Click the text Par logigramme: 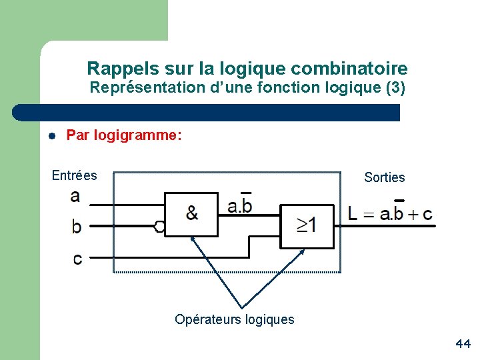click(x=124, y=135)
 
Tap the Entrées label click(x=75, y=175)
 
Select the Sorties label click(x=385, y=177)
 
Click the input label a click(x=75, y=196)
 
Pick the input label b click(x=77, y=226)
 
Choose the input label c click(x=78, y=259)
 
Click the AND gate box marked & click(x=191, y=214)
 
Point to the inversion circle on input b click(x=159, y=227)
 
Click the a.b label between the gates click(x=240, y=206)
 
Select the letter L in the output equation click(x=353, y=214)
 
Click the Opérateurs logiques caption click(x=234, y=319)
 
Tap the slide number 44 click(x=463, y=344)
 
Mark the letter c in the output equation click(x=427, y=215)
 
